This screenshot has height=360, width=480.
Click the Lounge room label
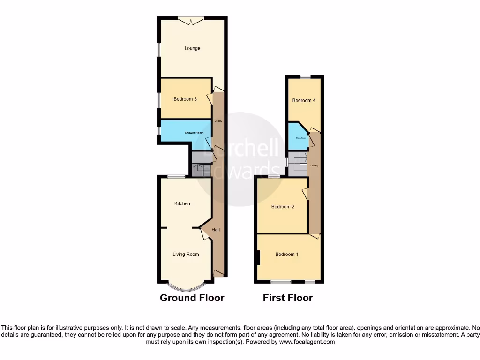point(192,48)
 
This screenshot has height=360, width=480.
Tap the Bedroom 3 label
point(185,99)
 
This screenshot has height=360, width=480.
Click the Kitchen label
point(182,203)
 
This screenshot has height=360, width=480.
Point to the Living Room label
point(186,255)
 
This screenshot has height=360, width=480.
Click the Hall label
point(216,230)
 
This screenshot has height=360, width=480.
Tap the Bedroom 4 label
point(304,100)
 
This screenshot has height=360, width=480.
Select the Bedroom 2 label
point(283,207)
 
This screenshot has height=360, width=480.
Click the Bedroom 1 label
point(287,255)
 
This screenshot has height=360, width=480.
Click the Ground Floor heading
point(192,298)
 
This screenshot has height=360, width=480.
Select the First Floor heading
point(287,298)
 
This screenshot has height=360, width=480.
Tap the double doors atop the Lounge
point(191,19)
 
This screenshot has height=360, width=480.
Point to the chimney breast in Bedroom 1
point(258,258)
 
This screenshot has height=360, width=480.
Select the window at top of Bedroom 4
point(306,76)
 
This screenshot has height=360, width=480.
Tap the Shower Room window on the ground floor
point(159,130)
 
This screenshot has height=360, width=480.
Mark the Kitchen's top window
point(176,176)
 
